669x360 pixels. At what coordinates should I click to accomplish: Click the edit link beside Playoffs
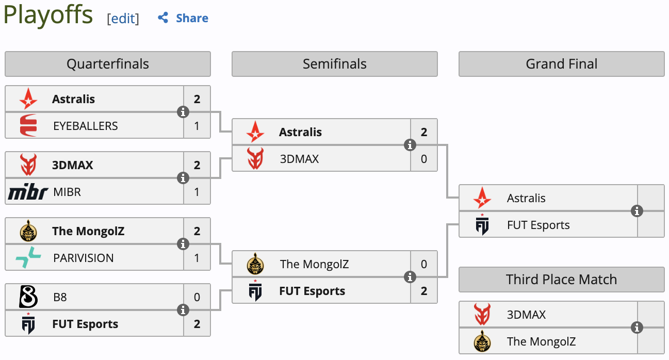pos(123,19)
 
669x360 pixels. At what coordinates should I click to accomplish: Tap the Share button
pos(183,18)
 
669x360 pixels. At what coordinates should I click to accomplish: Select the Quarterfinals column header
pos(108,64)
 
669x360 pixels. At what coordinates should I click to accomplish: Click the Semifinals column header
pos(335,64)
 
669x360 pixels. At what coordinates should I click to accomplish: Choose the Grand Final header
pos(562,64)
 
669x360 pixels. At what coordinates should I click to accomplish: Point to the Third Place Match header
pos(562,280)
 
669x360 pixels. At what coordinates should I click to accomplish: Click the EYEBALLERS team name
pos(86,126)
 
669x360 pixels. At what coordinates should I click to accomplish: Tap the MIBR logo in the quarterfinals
pos(28,192)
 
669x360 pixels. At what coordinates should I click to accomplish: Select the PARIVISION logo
pos(28,258)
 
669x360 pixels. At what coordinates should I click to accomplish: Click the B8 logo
pos(28,297)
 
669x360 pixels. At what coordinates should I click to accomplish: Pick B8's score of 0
pos(197,297)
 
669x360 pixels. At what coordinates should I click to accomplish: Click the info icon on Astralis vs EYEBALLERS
pos(183,112)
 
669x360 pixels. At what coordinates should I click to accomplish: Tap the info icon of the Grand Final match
pos(637,211)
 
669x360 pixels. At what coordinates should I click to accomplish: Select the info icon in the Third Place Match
pos(637,328)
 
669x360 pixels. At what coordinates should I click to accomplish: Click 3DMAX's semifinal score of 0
pos(424,159)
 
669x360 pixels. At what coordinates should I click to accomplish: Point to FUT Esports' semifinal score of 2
pos(424,291)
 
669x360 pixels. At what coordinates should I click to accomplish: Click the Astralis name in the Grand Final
pos(526,198)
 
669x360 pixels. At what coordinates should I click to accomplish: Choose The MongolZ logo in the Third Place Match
pos(482,341)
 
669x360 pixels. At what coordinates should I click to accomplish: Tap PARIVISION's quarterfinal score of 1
pos(197,258)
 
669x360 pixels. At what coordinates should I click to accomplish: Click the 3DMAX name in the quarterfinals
pos(73,165)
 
